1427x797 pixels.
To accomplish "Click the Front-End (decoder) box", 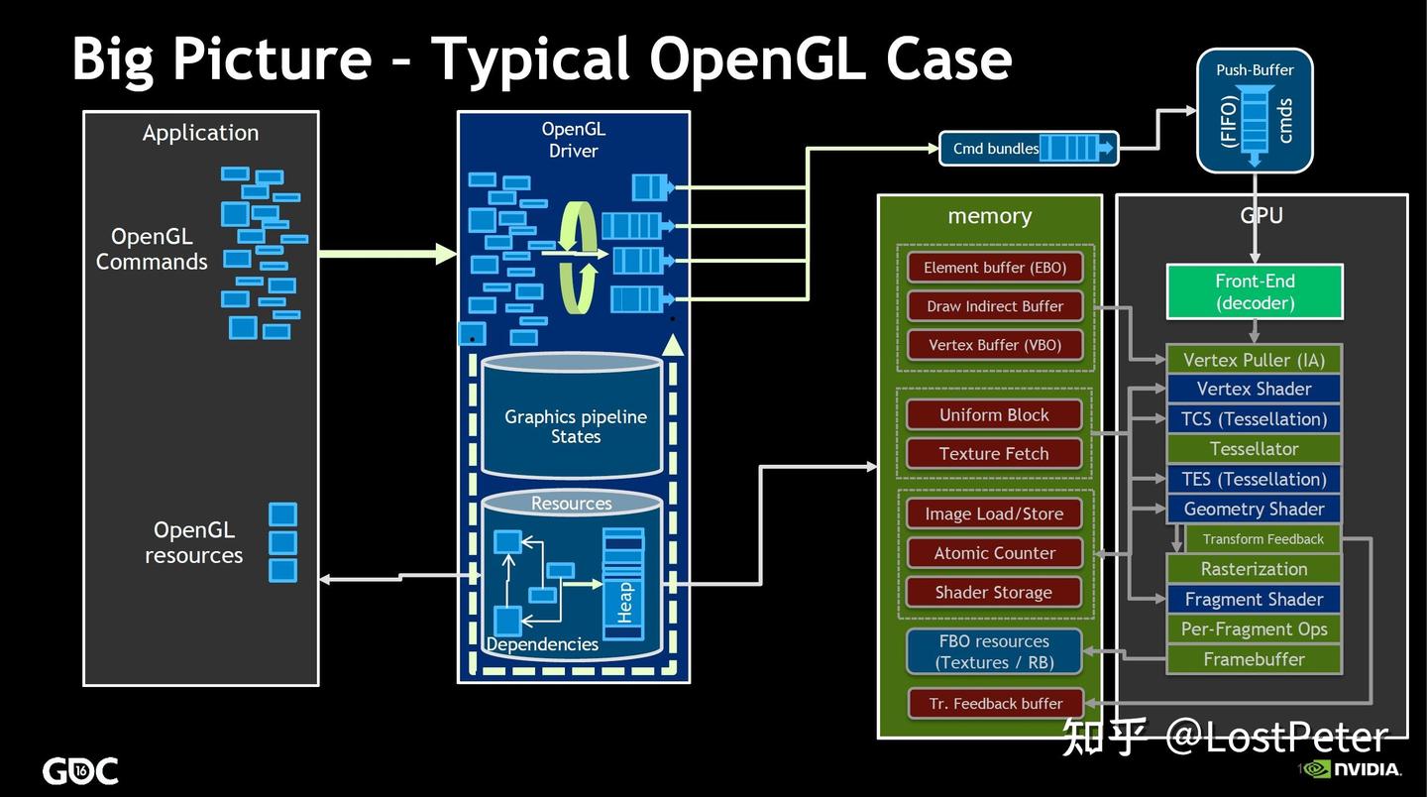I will point(1254,291).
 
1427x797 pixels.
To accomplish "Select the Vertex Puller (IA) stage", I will point(1254,360).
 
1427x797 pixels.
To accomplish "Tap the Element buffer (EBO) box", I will point(994,268).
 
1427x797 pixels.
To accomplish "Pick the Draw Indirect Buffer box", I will point(994,306).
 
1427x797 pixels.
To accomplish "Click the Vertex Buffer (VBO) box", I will point(994,345).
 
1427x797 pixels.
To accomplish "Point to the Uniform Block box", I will point(994,415).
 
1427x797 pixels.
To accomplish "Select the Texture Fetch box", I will point(994,454).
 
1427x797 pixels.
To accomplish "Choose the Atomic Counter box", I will point(994,553).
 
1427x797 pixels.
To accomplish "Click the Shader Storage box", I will point(994,593).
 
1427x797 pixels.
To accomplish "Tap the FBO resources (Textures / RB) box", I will point(994,651).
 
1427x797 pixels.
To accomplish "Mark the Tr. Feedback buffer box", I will point(995,704).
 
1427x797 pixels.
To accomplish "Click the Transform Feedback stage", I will point(1262,539).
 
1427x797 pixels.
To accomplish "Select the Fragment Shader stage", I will point(1254,599).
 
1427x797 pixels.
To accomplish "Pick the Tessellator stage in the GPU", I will point(1254,449).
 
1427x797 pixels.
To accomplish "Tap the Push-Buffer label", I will point(1255,70).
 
